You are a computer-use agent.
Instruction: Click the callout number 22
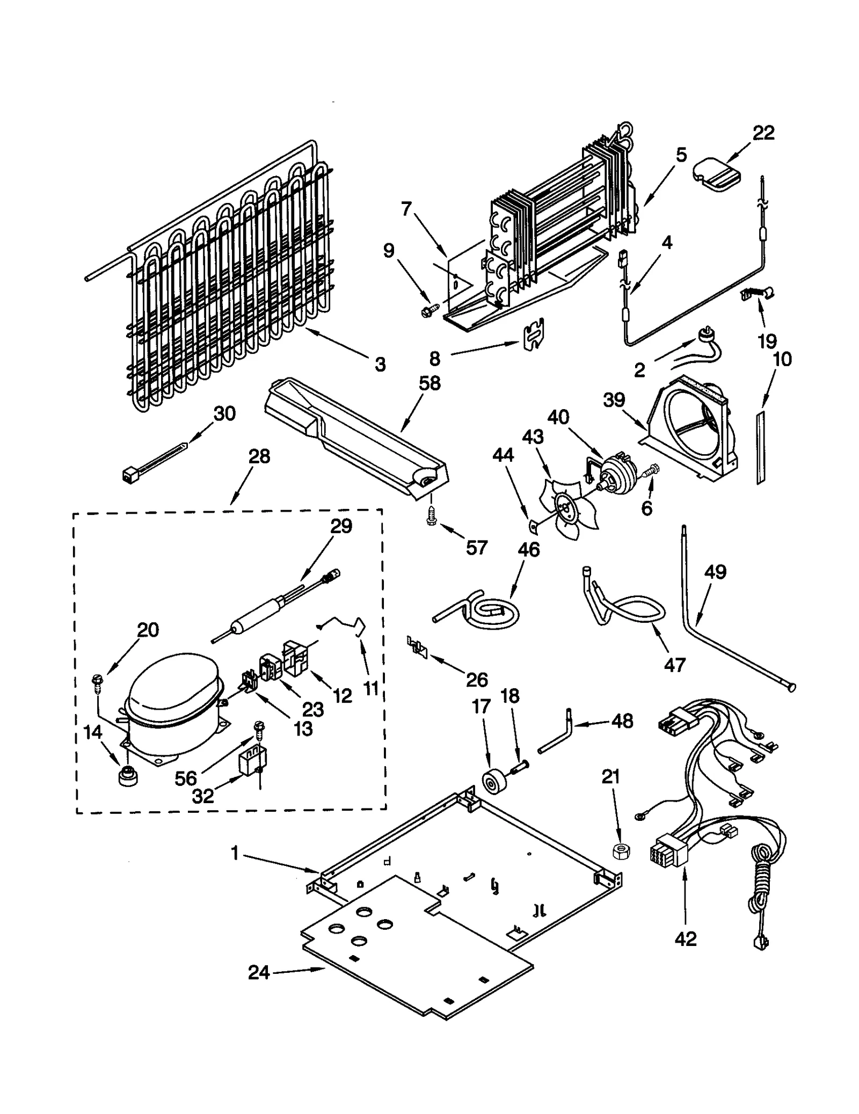763,133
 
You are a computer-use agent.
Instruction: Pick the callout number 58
429,383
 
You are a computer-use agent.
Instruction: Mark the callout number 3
380,365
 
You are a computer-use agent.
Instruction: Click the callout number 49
716,572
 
